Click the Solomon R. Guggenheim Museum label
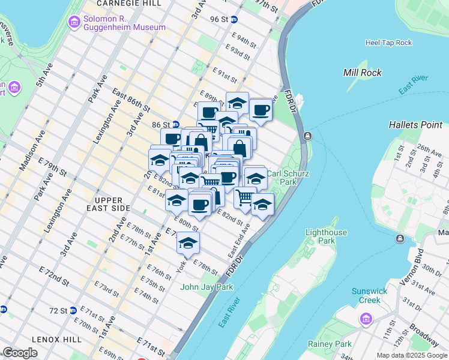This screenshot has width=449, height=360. (x=125, y=23)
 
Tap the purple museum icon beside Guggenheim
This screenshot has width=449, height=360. (x=74, y=23)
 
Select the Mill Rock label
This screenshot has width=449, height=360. (x=362, y=73)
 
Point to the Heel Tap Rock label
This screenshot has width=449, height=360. (x=388, y=43)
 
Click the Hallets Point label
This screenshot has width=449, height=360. (x=415, y=125)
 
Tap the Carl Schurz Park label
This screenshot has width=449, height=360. (x=281, y=178)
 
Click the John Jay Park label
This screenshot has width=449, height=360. (x=206, y=287)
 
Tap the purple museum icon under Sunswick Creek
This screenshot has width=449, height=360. (x=366, y=318)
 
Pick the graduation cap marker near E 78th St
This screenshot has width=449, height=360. (x=188, y=243)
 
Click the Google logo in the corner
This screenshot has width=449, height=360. (x=20, y=353)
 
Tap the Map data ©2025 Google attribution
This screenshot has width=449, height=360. (x=412, y=355)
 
